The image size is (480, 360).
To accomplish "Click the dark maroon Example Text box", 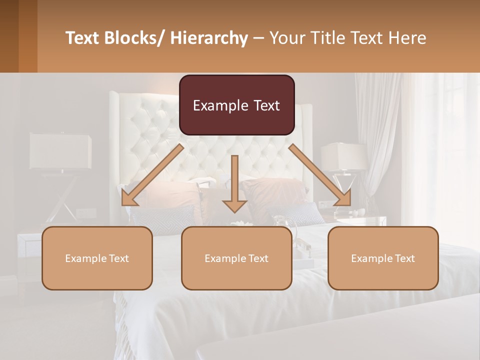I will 236,105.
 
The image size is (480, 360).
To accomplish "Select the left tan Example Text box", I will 97,258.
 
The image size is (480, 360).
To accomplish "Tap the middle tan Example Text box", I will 236,258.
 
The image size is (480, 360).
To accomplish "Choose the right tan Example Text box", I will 383,258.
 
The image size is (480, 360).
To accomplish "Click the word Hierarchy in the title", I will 209,38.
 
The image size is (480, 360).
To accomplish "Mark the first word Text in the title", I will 84,38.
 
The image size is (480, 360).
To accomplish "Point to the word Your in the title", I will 287,38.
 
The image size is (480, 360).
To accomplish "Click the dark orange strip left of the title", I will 27,36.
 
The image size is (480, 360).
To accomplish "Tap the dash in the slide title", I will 258,38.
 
